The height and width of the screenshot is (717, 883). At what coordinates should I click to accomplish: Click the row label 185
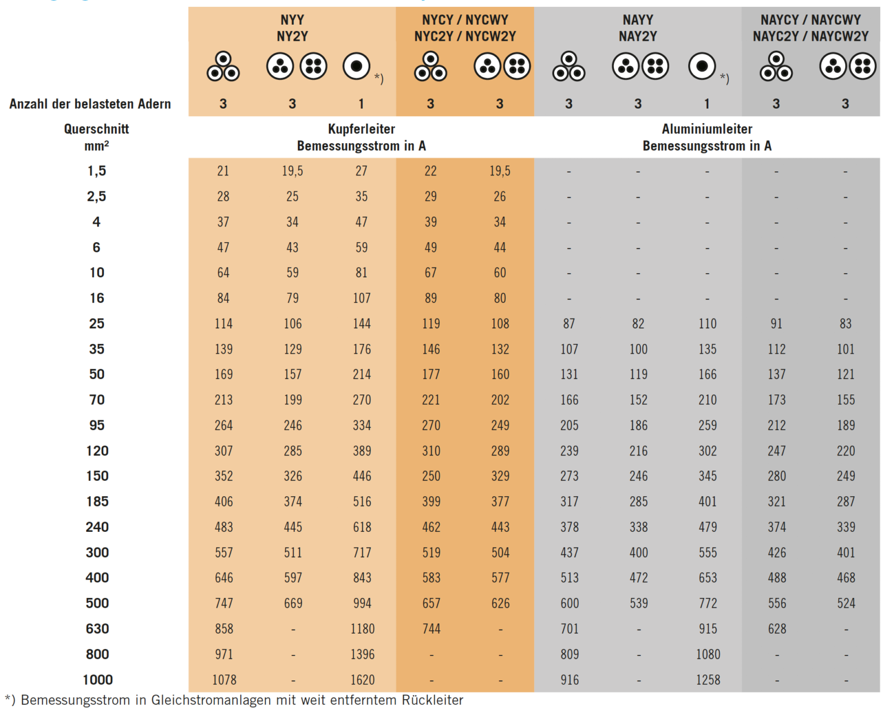[x=97, y=501]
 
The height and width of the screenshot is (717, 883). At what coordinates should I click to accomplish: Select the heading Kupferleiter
[x=361, y=129]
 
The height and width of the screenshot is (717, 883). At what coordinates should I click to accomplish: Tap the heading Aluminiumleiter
[x=707, y=129]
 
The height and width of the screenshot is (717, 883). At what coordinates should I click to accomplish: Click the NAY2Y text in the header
[x=638, y=36]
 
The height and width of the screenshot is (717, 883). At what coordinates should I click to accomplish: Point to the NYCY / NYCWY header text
[x=464, y=20]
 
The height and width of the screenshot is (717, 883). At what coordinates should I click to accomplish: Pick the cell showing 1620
[x=362, y=680]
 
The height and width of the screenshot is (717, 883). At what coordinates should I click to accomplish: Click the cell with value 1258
[x=708, y=680]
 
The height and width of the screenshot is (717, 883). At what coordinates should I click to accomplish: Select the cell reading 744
[x=431, y=628]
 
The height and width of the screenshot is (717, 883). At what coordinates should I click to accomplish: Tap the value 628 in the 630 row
[x=776, y=628]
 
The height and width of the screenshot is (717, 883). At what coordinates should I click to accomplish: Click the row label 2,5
[x=97, y=197]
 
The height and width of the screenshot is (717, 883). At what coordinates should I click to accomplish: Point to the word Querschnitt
[x=97, y=129]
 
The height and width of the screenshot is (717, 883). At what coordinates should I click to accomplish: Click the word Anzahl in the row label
[x=28, y=104]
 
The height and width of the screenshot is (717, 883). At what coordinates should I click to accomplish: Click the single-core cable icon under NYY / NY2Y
[x=356, y=66]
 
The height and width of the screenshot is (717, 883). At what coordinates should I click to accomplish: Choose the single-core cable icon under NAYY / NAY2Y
[x=702, y=66]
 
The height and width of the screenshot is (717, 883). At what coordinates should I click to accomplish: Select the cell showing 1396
[x=362, y=654]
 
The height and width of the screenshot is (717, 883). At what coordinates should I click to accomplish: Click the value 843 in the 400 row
[x=362, y=578]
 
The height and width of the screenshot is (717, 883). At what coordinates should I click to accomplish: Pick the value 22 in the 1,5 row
[x=431, y=171]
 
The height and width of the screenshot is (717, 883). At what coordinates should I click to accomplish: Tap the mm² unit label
[x=97, y=146]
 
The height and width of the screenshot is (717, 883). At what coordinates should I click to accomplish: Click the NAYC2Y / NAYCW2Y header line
[x=810, y=36]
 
